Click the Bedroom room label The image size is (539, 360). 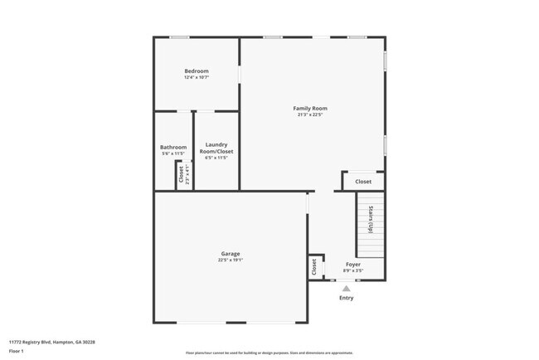(197, 71)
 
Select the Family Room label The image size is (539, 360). (310, 108)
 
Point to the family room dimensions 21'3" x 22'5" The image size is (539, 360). (310, 114)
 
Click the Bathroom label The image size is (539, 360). (173, 147)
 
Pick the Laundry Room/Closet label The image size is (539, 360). (216, 148)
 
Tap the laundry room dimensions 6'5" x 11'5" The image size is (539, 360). (216, 158)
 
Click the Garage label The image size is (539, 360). (230, 253)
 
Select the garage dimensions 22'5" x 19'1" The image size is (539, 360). (230, 260)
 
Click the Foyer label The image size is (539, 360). (353, 264)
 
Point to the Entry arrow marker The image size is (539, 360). (347, 288)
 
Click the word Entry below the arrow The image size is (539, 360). (347, 298)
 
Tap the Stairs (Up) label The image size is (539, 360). (371, 219)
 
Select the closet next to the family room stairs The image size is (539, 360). (363, 182)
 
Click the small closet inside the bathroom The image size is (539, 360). (181, 176)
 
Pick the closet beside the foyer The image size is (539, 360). (314, 266)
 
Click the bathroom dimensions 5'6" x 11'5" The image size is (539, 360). (173, 153)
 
